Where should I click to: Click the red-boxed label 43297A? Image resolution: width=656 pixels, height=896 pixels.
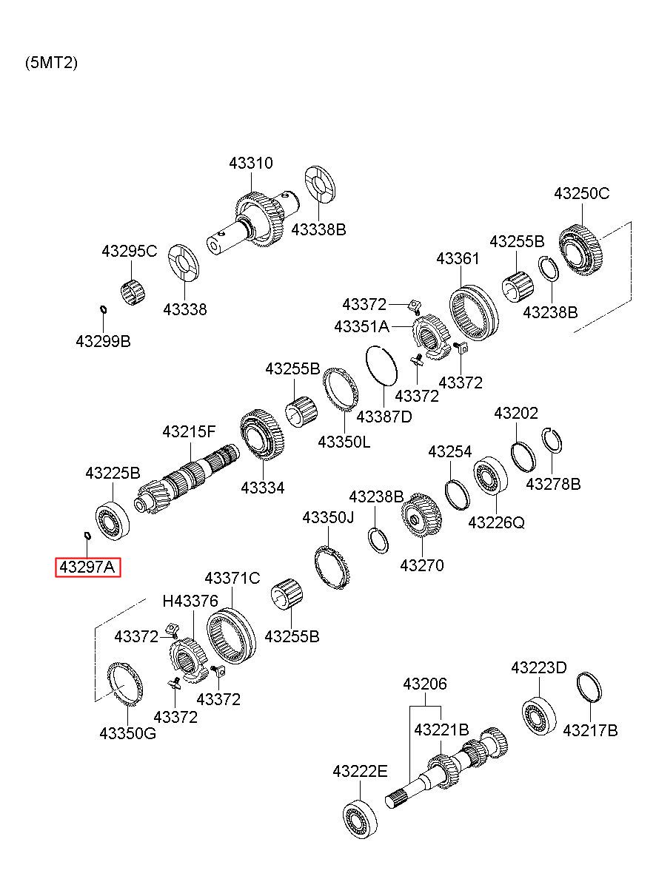(87, 567)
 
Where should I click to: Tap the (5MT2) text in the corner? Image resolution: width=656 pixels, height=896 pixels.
(51, 63)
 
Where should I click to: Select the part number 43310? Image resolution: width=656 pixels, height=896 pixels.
(251, 163)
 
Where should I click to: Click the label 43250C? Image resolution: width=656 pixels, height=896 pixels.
(581, 194)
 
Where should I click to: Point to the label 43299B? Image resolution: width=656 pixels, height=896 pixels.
(103, 341)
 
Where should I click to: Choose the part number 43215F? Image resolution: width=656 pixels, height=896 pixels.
(189, 431)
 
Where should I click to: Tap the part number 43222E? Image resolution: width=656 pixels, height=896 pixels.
(360, 771)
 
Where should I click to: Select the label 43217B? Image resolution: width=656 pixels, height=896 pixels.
(590, 731)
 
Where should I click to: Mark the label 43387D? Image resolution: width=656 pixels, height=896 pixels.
(384, 417)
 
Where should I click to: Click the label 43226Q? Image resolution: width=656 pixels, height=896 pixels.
(496, 522)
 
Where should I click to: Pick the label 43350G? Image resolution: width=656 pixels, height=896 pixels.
(127, 734)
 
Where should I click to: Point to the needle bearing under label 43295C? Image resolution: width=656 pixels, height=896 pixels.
(133, 294)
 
